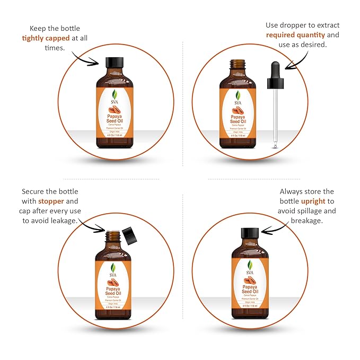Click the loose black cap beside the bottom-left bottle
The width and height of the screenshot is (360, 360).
click(x=129, y=234)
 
